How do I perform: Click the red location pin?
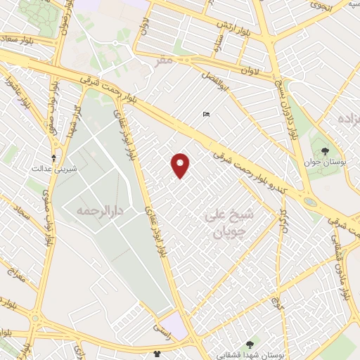click(181, 165)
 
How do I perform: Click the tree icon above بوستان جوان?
click(325, 151)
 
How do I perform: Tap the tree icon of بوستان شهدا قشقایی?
click(250, 343)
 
